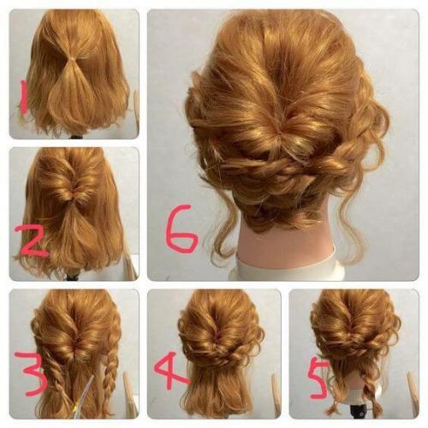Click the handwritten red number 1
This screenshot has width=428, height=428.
24,97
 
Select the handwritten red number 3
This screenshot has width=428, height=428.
32,374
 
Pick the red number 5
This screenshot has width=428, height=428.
320,379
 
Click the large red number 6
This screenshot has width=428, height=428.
182,229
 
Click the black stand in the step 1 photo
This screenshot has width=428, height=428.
75,136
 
